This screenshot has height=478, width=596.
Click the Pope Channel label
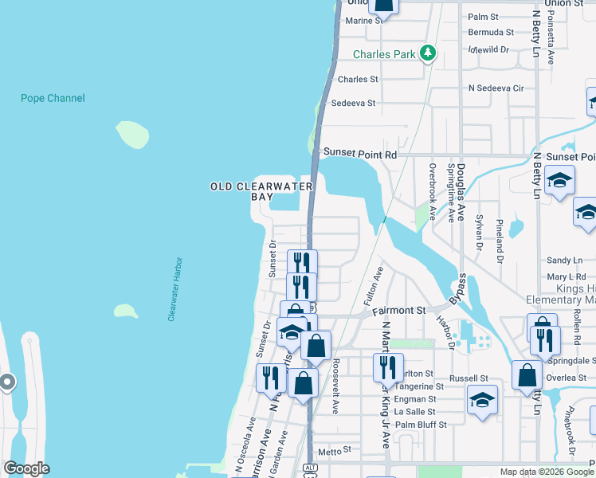coord(53,98)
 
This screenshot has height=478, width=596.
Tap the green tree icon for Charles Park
coord(429,53)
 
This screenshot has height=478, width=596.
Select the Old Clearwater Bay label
coord(261,191)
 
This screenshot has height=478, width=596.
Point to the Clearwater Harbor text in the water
coord(176,288)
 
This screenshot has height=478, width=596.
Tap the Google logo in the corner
coord(26,468)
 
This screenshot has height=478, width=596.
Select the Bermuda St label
coord(491,33)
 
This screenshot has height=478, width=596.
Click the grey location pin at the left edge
coord(6,382)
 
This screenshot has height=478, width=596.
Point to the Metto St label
coord(329,451)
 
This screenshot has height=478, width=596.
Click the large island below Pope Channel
coord(132,135)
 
